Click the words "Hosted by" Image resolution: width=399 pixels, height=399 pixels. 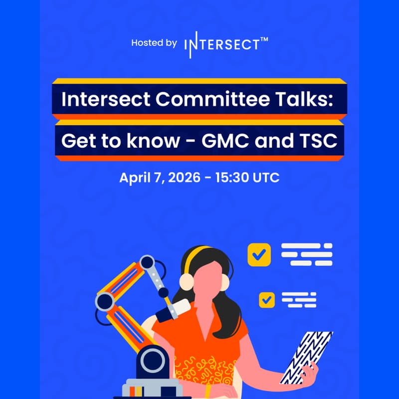pyautogui.click(x=154, y=43)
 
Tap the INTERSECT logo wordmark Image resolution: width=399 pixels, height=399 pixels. pyautogui.click(x=222, y=45)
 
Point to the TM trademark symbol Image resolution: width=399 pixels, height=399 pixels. pyautogui.click(x=264, y=39)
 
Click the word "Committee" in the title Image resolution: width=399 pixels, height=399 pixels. pyautogui.click(x=212, y=99)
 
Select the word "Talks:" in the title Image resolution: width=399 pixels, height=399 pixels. pyautogui.click(x=304, y=99)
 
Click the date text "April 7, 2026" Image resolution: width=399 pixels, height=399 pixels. pyautogui.click(x=160, y=178)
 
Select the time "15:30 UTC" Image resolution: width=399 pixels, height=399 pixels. pyautogui.click(x=247, y=178)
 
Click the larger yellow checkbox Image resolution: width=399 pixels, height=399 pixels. pyautogui.click(x=259, y=255)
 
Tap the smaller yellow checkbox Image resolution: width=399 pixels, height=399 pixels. pyautogui.click(x=267, y=300)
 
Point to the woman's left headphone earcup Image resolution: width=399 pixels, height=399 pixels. pyautogui.click(x=187, y=282)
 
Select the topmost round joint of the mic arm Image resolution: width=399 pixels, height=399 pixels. pyautogui.click(x=147, y=262)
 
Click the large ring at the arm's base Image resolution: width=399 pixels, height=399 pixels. pyautogui.click(x=153, y=361)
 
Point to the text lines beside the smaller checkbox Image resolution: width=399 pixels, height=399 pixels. pyautogui.click(x=299, y=300)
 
